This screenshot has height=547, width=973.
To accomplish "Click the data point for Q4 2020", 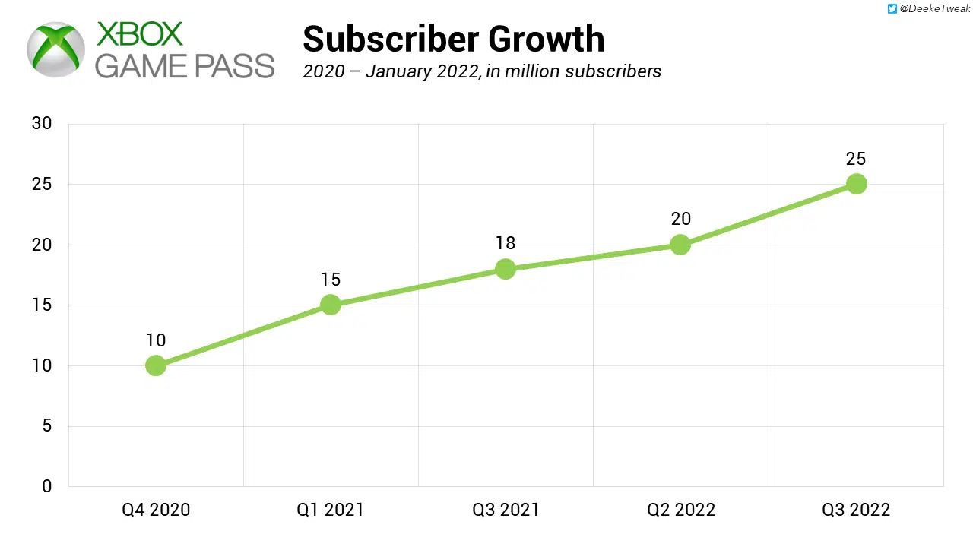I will (x=156, y=365).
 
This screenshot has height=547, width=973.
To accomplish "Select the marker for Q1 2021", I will (x=331, y=305).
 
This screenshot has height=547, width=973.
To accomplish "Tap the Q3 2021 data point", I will (x=506, y=269).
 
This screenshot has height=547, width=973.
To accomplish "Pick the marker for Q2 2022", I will (x=680, y=245).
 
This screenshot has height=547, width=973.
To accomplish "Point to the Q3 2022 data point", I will (x=856, y=184).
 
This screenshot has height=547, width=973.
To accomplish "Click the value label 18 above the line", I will (x=506, y=243).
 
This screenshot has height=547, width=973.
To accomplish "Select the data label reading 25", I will (x=856, y=159).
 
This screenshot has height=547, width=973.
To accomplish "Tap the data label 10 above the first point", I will (x=156, y=340).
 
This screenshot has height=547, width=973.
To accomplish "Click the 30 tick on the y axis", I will (x=42, y=123).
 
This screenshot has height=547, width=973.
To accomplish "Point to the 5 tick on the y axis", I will (x=47, y=425).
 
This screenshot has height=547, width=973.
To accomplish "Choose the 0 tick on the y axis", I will (x=47, y=486).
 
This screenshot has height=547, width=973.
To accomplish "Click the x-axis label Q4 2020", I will (x=156, y=510).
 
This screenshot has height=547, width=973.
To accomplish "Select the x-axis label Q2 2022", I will (x=681, y=510).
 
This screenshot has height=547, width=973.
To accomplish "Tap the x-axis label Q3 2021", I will (x=506, y=510).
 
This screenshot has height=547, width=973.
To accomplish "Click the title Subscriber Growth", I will (x=453, y=39).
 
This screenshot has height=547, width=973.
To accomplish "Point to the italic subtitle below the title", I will (x=482, y=71).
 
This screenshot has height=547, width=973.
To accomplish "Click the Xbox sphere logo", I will (x=55, y=49).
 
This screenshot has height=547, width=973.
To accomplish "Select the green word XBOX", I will (x=140, y=34).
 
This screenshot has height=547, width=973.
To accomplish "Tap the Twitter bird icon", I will (x=892, y=9).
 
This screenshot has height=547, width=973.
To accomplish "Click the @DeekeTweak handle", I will (x=934, y=9).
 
